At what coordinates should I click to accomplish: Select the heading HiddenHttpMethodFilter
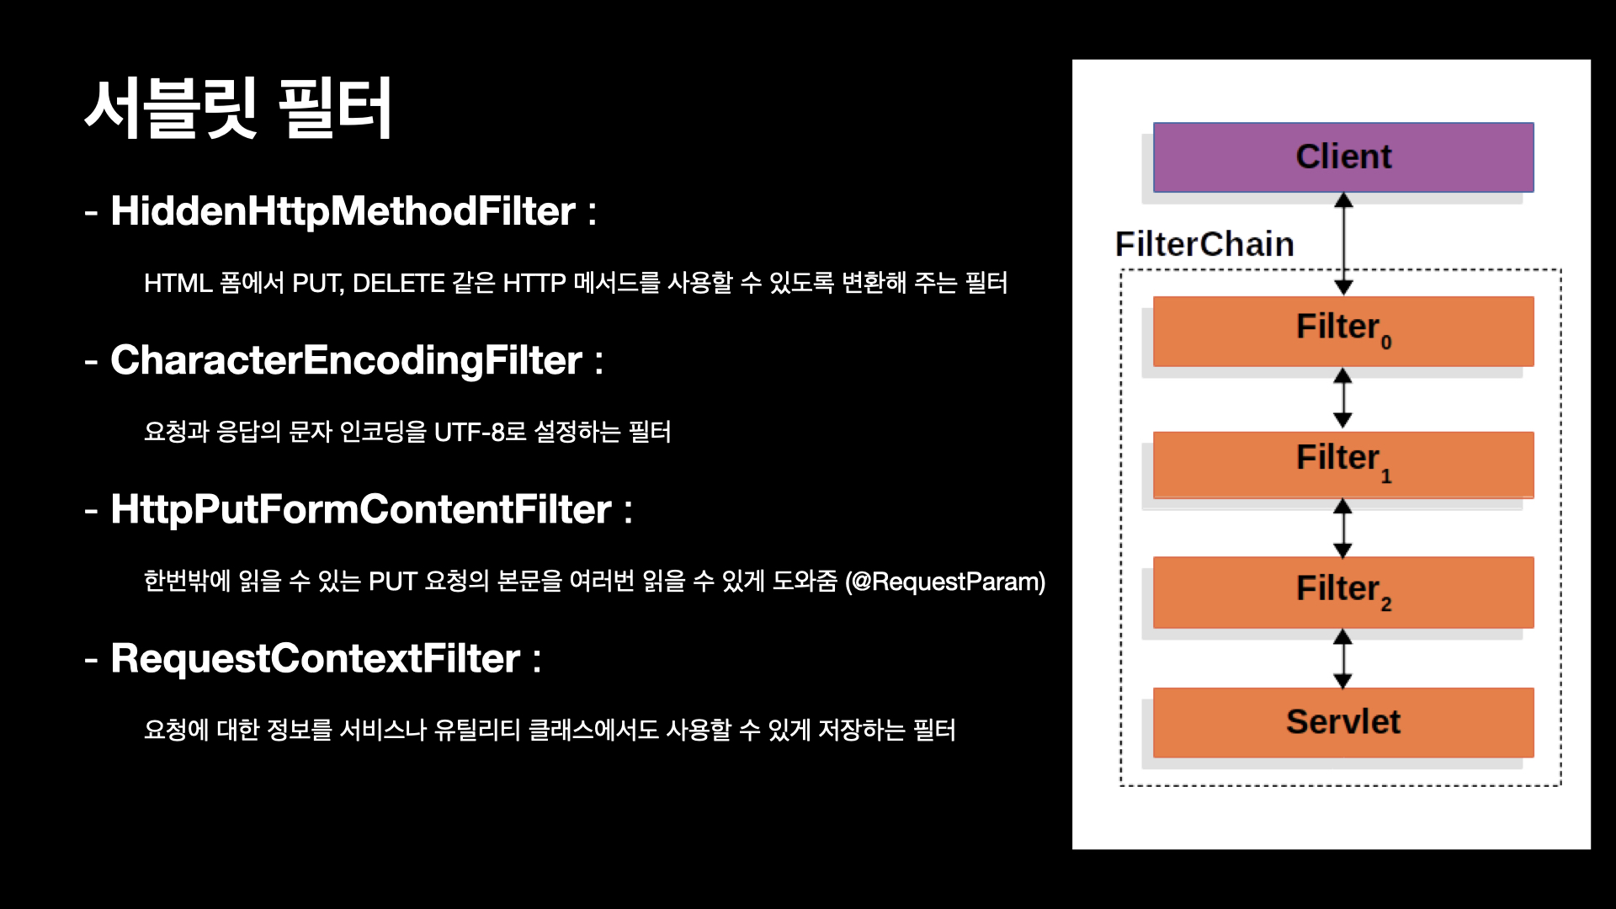(343, 211)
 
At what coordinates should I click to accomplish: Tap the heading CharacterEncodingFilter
(346, 361)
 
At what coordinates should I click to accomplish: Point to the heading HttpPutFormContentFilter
(361, 509)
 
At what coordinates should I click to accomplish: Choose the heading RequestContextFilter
(316, 658)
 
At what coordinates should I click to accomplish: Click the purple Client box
(1343, 157)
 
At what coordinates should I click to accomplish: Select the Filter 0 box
(1343, 331)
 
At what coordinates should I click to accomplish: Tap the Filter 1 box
(1343, 465)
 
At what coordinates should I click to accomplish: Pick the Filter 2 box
(1343, 593)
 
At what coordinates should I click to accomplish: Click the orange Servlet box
(1343, 722)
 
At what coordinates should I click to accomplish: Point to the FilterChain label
(1204, 244)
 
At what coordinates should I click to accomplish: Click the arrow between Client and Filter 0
(1344, 244)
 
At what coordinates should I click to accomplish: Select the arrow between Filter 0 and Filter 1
(1343, 398)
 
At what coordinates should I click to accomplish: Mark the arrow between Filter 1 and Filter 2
(1343, 529)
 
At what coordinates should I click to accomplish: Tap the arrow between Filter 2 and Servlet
(1343, 659)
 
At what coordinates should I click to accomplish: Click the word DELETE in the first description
(398, 284)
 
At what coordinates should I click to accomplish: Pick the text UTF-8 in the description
(469, 433)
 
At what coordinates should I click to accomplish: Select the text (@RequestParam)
(945, 582)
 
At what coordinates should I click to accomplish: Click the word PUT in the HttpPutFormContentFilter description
(393, 582)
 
